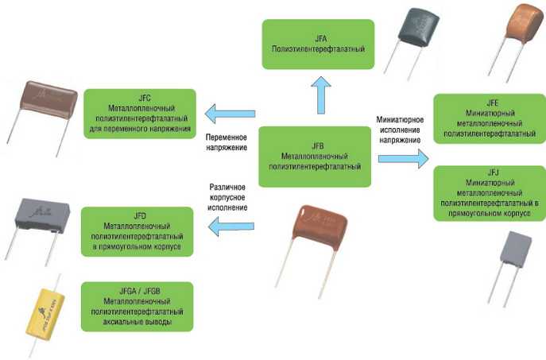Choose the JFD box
pos(137,230)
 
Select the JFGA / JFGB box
pos(137,304)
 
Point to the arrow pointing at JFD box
pos(230,229)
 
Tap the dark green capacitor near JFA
pos(418,32)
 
